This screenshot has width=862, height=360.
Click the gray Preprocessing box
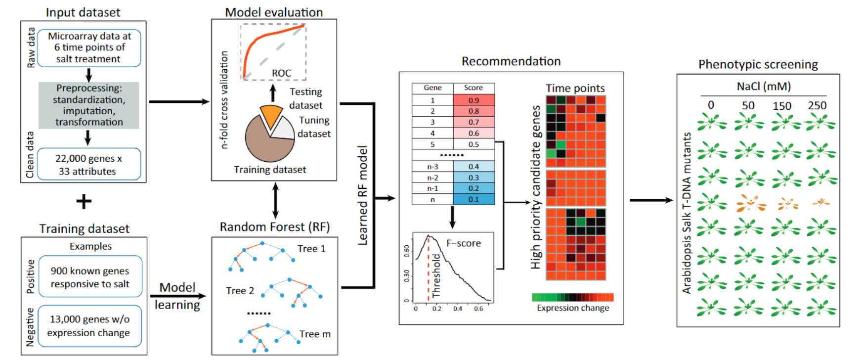(89, 105)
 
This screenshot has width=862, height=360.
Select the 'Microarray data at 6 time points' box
(89, 47)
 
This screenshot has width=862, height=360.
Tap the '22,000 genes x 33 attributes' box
(89, 164)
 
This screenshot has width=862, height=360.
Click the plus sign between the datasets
(84, 201)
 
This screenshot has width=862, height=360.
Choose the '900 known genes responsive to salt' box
(90, 277)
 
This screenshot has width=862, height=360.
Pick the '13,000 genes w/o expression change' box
(89, 326)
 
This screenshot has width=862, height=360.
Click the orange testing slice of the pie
(271, 115)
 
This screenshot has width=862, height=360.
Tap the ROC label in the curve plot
(281, 73)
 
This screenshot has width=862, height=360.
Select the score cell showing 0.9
(474, 100)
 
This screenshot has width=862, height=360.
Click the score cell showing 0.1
(474, 199)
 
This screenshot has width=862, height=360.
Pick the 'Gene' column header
(432, 88)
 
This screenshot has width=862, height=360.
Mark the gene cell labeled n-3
(432, 167)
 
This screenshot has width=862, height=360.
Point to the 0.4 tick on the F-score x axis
(458, 309)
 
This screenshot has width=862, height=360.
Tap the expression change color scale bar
(572, 297)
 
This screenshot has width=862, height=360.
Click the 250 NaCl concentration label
(817, 105)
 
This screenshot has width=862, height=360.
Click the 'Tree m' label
(315, 334)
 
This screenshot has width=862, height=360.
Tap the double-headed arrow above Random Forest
(275, 201)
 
